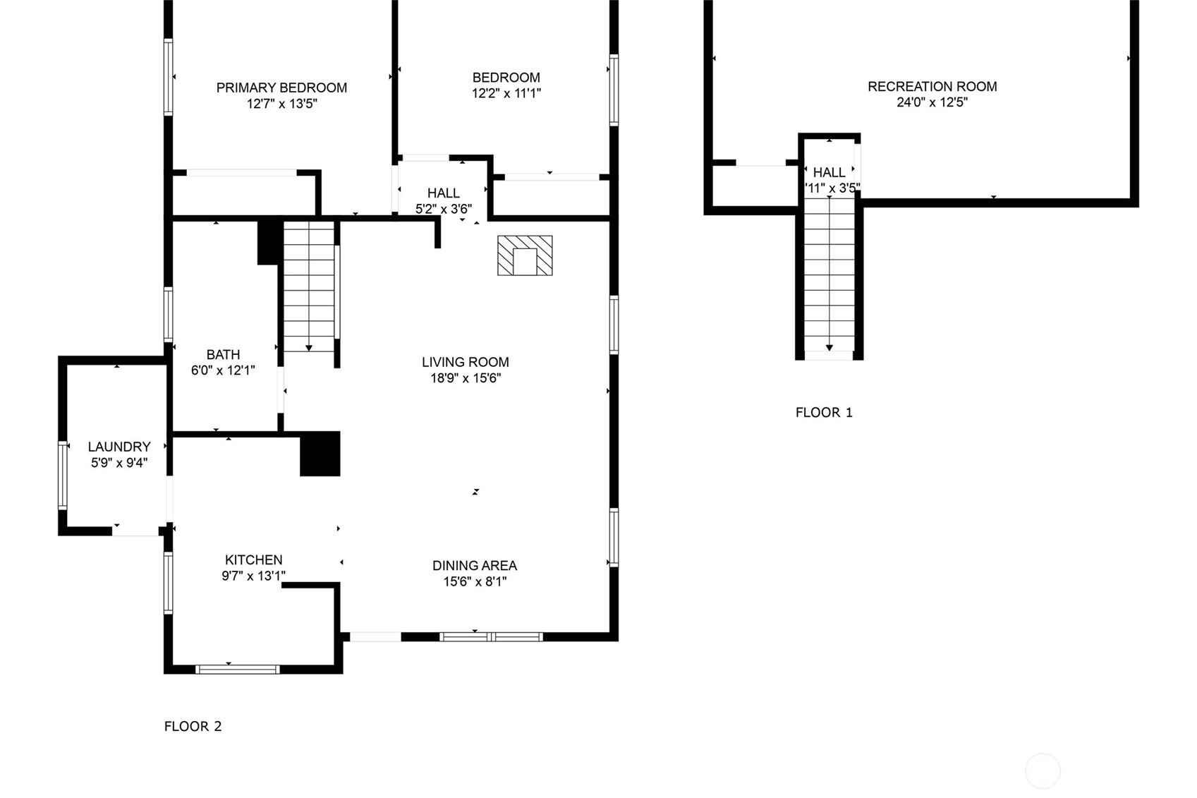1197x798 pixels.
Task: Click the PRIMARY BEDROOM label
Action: click(281, 87)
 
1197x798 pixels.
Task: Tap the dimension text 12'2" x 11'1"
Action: click(506, 94)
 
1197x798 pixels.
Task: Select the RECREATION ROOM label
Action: click(932, 87)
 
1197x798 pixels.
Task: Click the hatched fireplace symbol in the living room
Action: click(525, 255)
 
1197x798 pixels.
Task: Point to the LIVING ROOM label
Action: click(466, 362)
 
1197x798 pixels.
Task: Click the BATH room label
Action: click(223, 354)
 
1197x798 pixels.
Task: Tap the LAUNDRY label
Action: click(119, 447)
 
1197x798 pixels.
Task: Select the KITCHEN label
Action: click(253, 560)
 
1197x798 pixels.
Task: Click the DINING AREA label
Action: click(475, 565)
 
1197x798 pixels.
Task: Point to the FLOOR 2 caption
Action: click(193, 726)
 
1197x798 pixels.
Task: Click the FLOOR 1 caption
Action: click(824, 413)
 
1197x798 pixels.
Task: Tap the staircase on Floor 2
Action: click(309, 287)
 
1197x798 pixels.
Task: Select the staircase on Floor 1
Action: click(830, 274)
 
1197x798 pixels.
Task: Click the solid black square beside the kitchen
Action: click(320, 453)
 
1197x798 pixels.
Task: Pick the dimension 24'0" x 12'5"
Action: click(932, 102)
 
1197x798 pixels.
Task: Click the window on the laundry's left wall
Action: click(63, 475)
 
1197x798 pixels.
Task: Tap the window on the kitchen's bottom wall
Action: click(237, 669)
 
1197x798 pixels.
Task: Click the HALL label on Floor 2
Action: click(444, 193)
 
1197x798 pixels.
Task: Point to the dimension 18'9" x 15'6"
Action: click(466, 378)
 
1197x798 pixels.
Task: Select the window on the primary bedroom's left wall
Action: click(169, 77)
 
